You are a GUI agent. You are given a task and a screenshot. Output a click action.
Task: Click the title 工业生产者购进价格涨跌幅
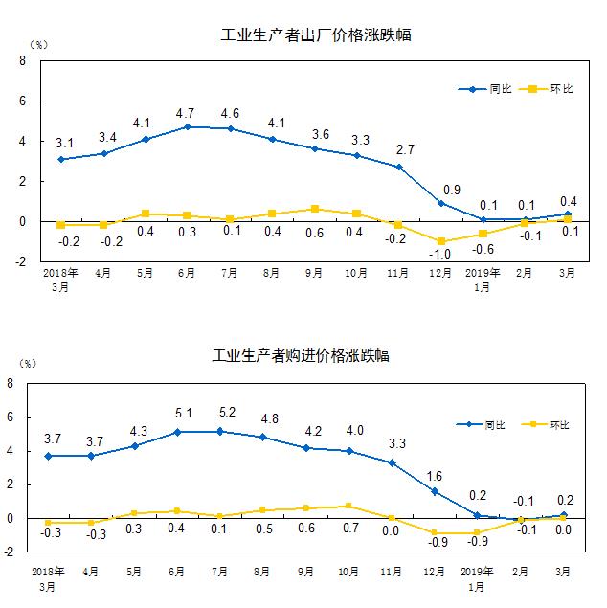[301, 355]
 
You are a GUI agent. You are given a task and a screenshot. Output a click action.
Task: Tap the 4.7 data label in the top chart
[187, 113]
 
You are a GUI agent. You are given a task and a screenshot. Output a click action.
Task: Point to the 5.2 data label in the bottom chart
[220, 413]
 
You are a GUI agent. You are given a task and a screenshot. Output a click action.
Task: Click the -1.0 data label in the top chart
[441, 256]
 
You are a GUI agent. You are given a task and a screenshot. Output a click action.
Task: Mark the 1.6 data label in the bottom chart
[435, 475]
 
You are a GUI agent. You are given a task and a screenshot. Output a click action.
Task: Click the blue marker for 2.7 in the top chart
[398, 167]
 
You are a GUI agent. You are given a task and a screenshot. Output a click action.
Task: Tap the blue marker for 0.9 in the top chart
[441, 203]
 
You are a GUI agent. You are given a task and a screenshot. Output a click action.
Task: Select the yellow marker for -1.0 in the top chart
[441, 241]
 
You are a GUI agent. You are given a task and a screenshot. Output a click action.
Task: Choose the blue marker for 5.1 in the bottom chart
[178, 432]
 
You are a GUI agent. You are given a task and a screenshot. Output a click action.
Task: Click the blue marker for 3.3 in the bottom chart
[392, 462]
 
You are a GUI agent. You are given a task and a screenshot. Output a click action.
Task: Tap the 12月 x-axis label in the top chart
[441, 273]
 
